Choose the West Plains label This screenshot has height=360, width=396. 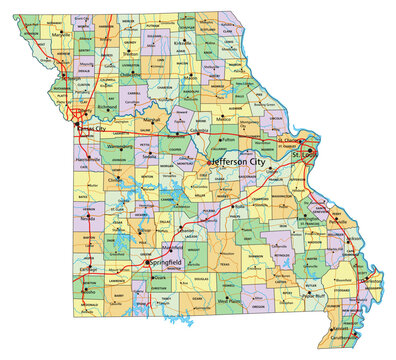coord(232,300)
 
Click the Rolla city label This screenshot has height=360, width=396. coord(240,207)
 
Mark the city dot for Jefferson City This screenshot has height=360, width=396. coord(209,161)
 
